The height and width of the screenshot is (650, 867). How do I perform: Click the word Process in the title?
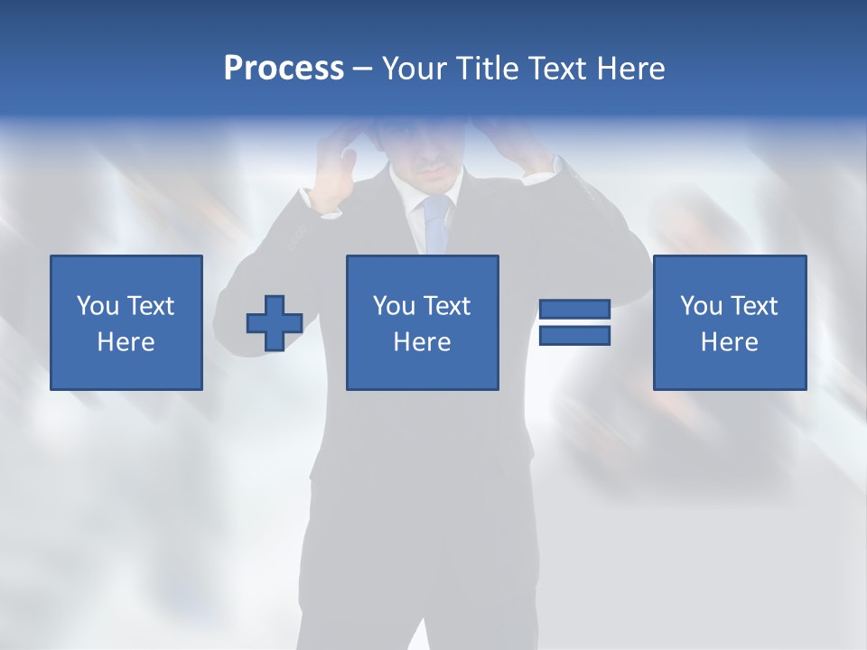coord(284,69)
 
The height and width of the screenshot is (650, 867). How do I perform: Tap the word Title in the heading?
coord(487,69)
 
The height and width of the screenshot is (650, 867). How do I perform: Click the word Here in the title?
coord(630,69)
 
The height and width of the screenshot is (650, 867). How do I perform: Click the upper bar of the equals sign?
coord(574,310)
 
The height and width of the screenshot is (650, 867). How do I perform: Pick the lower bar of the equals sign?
coord(574,336)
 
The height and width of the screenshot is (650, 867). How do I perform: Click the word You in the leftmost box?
coord(98,306)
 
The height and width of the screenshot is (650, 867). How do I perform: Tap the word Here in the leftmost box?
coord(126,342)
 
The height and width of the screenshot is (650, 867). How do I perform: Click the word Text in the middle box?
coord(447,306)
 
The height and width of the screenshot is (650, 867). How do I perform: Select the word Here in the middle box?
coord(422,342)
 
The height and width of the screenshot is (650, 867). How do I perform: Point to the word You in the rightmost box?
coord(701,306)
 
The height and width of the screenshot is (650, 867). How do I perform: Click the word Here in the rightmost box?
coord(729,342)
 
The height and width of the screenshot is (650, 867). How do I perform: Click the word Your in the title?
coord(414,69)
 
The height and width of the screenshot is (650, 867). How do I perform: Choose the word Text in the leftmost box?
coord(151,306)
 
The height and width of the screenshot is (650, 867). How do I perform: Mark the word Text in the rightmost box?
coord(754,306)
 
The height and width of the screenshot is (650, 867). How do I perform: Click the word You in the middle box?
coord(394,306)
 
